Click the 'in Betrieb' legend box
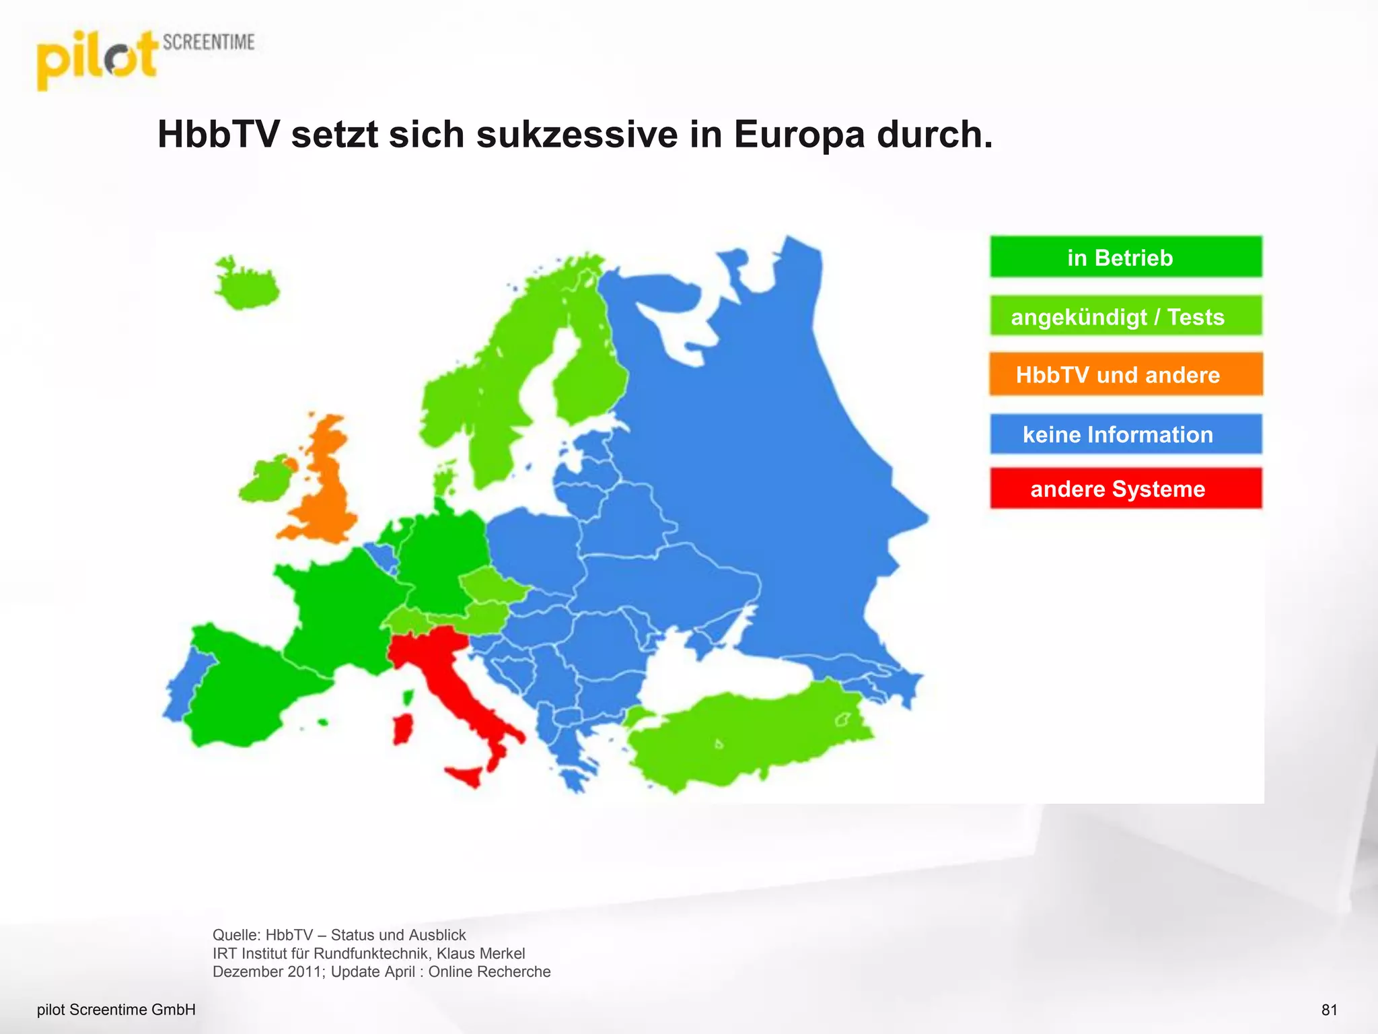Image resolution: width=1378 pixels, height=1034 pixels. pos(1126,257)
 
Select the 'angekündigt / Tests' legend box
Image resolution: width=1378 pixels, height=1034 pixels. pos(1126,316)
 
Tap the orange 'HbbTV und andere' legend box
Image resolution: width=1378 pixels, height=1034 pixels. pos(1126,374)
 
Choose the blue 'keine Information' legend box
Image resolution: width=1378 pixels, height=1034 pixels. pos(1126,434)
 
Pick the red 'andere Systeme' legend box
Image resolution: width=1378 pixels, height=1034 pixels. pos(1126,489)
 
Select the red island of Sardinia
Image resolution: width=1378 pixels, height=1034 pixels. pos(402,730)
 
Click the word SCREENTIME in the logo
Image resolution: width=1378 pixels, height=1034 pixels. pos(209,42)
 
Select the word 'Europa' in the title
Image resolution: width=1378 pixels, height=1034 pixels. pos(799,135)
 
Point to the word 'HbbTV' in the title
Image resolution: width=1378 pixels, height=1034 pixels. pos(218,135)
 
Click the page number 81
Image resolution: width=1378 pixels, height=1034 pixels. pos(1329,1010)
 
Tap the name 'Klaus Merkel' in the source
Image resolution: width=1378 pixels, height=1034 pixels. pos(480,953)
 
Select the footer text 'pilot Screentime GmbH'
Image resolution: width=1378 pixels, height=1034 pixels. pos(116,1010)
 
